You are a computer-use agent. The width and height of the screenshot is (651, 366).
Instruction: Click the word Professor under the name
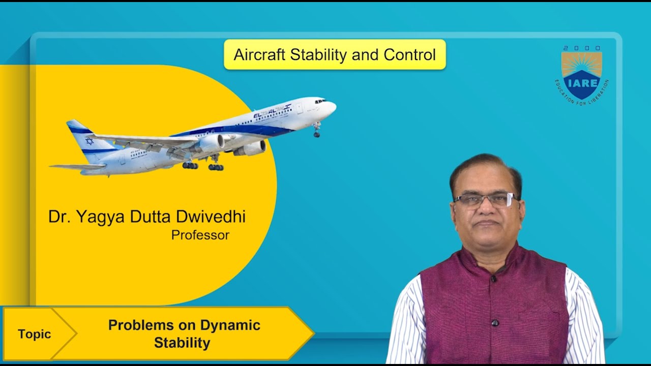pyautogui.click(x=200, y=235)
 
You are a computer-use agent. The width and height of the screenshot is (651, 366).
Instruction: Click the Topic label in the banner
pyautogui.click(x=34, y=334)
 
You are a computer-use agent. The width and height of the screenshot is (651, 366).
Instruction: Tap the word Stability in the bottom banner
pyautogui.click(x=182, y=343)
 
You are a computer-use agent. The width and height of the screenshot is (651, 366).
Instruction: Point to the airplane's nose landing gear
pyautogui.click(x=316, y=131)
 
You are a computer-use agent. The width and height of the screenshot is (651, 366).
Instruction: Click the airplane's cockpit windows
pyautogui.click(x=320, y=101)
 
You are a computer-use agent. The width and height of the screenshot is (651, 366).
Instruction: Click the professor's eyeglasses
pyautogui.click(x=484, y=200)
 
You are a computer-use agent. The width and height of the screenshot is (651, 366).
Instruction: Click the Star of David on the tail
pyautogui.click(x=90, y=141)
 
